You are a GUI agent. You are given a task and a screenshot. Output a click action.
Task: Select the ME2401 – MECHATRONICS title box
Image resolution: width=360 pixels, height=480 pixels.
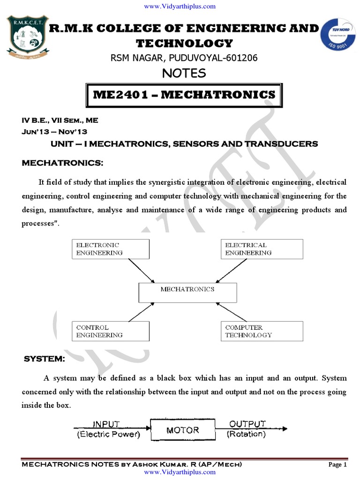pos(184,95)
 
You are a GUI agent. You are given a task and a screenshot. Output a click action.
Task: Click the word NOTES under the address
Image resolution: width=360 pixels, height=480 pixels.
pos(184,73)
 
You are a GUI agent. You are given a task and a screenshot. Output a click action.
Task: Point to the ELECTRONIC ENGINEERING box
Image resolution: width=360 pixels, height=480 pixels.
pos(111,249)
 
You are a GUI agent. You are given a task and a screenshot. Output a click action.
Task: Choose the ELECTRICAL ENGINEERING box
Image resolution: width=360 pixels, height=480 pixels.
pos(262,249)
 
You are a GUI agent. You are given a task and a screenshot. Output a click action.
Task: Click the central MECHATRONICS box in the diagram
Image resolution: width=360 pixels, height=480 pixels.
pos(187,292)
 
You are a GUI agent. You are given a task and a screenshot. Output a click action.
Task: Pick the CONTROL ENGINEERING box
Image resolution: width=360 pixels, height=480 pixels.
pos(111,331)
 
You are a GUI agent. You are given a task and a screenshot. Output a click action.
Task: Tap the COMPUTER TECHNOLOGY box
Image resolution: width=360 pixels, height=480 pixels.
pos(262,331)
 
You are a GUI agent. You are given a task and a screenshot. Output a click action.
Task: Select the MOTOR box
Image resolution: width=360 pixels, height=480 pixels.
pos(183,430)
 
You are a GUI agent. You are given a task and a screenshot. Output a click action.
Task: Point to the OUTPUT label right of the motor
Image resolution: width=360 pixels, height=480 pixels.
pos(247,424)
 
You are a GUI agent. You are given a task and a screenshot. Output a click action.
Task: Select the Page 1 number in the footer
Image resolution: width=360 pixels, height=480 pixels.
pos(337,465)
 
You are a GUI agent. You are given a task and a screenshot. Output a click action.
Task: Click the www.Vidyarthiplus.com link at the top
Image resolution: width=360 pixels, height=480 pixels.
pos(180,6)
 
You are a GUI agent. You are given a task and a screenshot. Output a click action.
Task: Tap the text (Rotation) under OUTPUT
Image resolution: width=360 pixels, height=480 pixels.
pos(246,434)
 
